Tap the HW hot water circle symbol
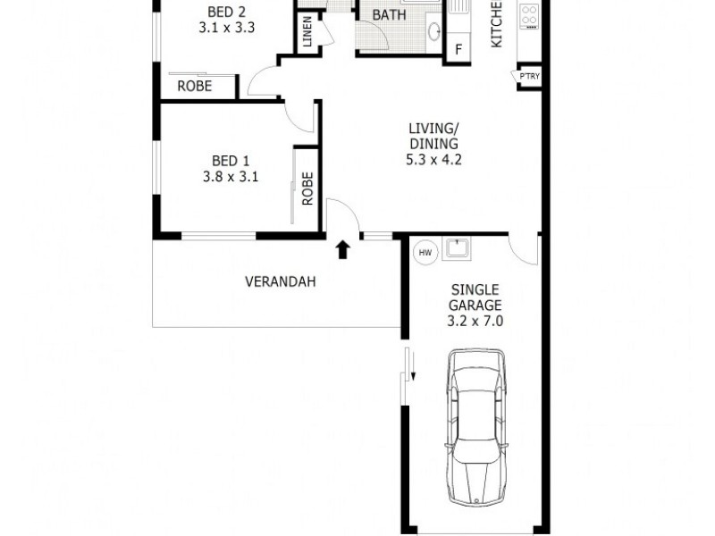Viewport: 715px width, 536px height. coord(425,253)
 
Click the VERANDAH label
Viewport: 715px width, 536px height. coord(281,281)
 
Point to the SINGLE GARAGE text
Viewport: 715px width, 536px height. coord(475,297)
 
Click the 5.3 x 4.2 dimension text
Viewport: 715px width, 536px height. coord(433,161)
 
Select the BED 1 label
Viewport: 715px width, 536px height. coord(231,161)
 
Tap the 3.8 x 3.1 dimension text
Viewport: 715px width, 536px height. coord(231,176)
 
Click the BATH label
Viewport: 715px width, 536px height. coord(389,15)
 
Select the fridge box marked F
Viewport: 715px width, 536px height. coord(459,49)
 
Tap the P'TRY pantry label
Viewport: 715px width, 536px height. coord(528,77)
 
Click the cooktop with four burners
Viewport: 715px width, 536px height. coord(529,15)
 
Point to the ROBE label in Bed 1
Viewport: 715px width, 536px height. coord(307,188)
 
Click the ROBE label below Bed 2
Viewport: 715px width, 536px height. coord(194,87)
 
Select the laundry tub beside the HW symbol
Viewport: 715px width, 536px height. coord(458,247)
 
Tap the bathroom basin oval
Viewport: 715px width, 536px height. coord(434,34)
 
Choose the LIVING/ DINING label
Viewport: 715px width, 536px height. coord(433,137)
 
